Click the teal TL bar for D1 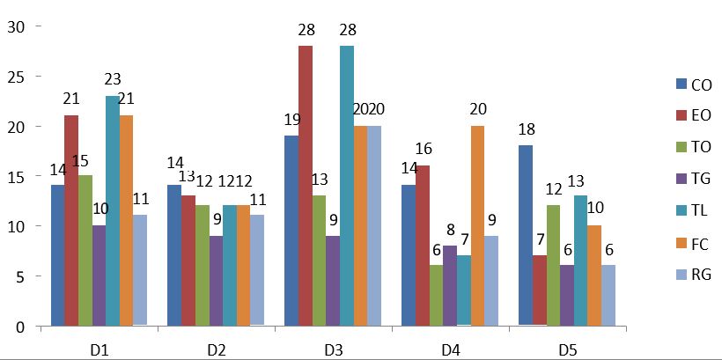point(113,211)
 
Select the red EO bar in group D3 point(306,186)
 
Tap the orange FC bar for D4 point(477,226)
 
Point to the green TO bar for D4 point(436,296)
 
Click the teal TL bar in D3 point(347,186)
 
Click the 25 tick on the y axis point(16,77)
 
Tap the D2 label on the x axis point(216,349)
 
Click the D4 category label point(451,349)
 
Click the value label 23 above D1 point(113,77)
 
